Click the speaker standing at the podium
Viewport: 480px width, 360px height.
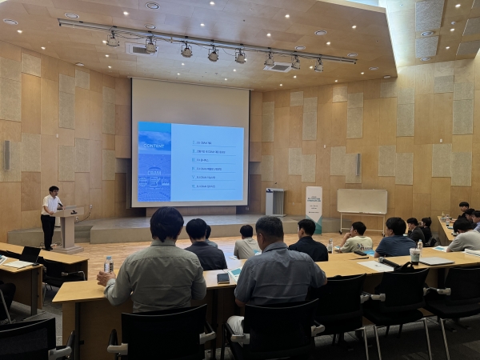tap(50, 214)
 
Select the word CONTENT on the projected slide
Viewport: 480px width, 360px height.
tap(153, 146)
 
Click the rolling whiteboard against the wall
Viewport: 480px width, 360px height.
tap(362, 202)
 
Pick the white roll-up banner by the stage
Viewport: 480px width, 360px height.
tap(314, 206)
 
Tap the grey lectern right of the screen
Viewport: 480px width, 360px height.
tap(274, 202)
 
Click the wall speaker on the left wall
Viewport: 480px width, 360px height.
tap(6, 154)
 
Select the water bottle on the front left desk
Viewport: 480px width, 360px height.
tap(109, 265)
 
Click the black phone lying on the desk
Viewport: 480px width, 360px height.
tap(222, 278)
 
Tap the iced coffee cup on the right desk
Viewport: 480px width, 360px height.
tap(414, 255)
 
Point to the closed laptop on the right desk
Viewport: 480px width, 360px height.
tap(437, 261)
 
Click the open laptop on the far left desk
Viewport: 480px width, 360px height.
tap(30, 254)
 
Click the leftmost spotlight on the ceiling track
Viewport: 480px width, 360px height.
tap(113, 39)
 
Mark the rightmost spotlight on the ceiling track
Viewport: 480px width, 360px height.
tap(318, 66)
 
